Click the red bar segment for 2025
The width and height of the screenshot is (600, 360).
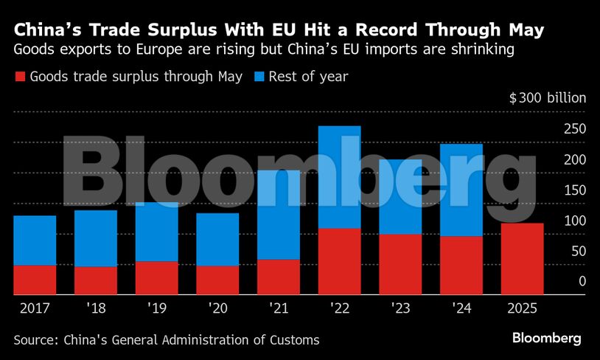522,259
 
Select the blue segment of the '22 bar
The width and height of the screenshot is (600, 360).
339,177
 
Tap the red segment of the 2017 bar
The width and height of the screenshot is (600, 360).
35,280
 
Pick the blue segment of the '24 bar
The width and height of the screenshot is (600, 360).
461,190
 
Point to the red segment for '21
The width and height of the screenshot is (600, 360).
279,277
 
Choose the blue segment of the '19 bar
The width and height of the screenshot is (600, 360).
156,232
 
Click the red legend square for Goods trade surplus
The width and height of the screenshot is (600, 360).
20,77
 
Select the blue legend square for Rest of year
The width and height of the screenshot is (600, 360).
259,77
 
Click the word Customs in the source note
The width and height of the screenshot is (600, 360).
295,339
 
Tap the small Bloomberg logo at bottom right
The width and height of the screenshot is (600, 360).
547,339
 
